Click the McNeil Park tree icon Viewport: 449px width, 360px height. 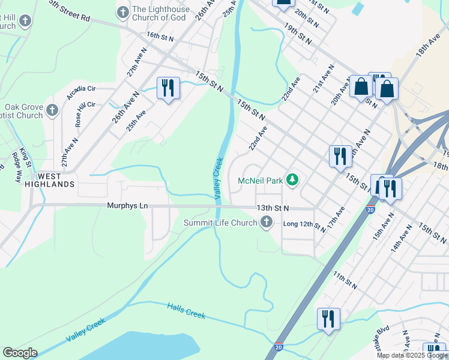point(292,180)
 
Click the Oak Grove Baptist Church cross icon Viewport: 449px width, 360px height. point(52,110)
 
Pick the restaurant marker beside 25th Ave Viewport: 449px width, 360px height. point(167,88)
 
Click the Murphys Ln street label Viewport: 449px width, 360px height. point(127,206)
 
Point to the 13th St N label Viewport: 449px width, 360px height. point(273,208)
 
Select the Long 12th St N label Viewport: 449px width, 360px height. point(304,226)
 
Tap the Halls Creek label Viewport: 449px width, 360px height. point(186,311)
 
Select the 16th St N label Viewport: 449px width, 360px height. point(160,37)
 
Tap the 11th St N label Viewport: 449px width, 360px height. point(345,280)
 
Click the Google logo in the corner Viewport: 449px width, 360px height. point(20,353)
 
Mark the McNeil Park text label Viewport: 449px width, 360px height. point(260,180)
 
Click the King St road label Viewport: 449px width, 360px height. point(25,156)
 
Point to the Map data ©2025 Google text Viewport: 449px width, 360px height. point(412,355)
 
